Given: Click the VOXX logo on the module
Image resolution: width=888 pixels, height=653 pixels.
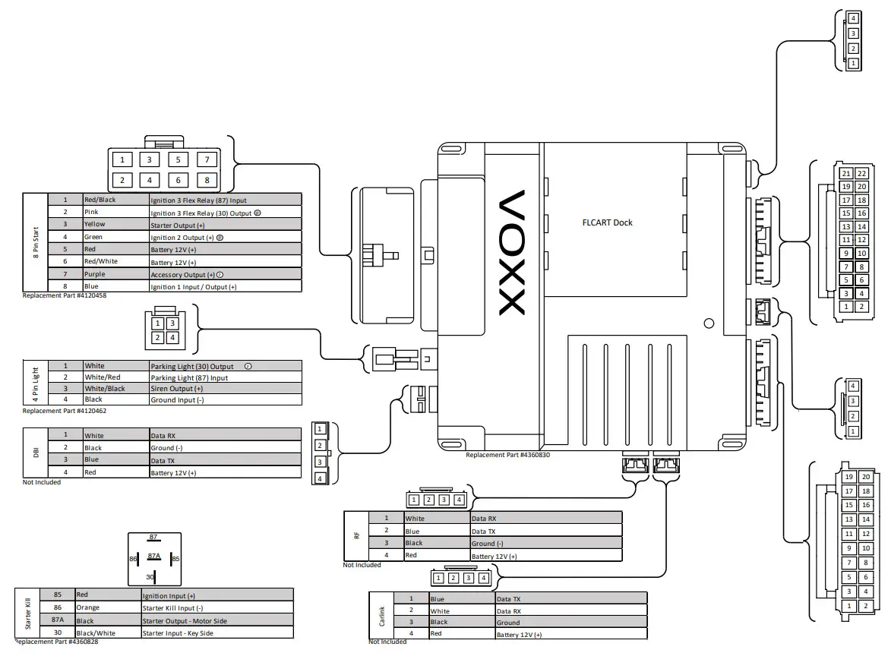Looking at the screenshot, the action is (x=512, y=252).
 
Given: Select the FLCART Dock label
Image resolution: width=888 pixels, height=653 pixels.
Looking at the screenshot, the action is (x=607, y=222).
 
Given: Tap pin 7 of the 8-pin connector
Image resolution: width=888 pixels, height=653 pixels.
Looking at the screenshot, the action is (x=207, y=159).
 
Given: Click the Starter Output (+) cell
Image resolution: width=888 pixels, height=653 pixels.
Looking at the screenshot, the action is (x=226, y=225).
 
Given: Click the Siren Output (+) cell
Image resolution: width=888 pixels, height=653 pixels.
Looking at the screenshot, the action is (x=226, y=389).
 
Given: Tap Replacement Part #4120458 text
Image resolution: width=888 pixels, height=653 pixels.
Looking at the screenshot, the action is (x=65, y=295).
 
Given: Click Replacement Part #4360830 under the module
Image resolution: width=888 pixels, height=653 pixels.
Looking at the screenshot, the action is (x=507, y=455).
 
